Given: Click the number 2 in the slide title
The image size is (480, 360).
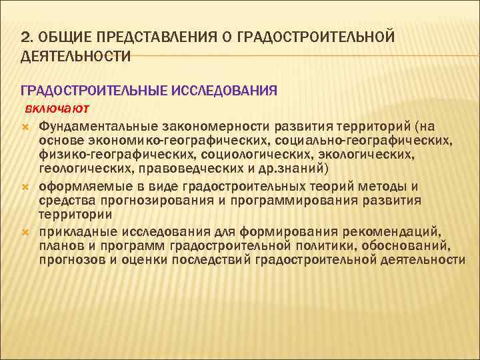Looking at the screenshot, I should [x=25, y=35].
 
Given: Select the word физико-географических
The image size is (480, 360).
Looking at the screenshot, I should [x=113, y=155].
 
